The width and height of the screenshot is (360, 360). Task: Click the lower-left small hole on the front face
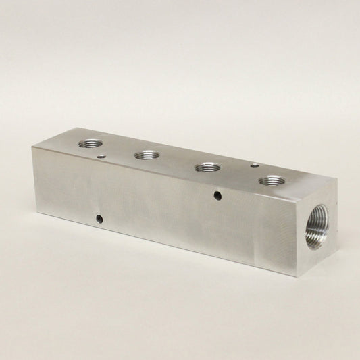tap(99, 219)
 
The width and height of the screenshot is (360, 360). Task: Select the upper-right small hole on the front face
tap(217, 197)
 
